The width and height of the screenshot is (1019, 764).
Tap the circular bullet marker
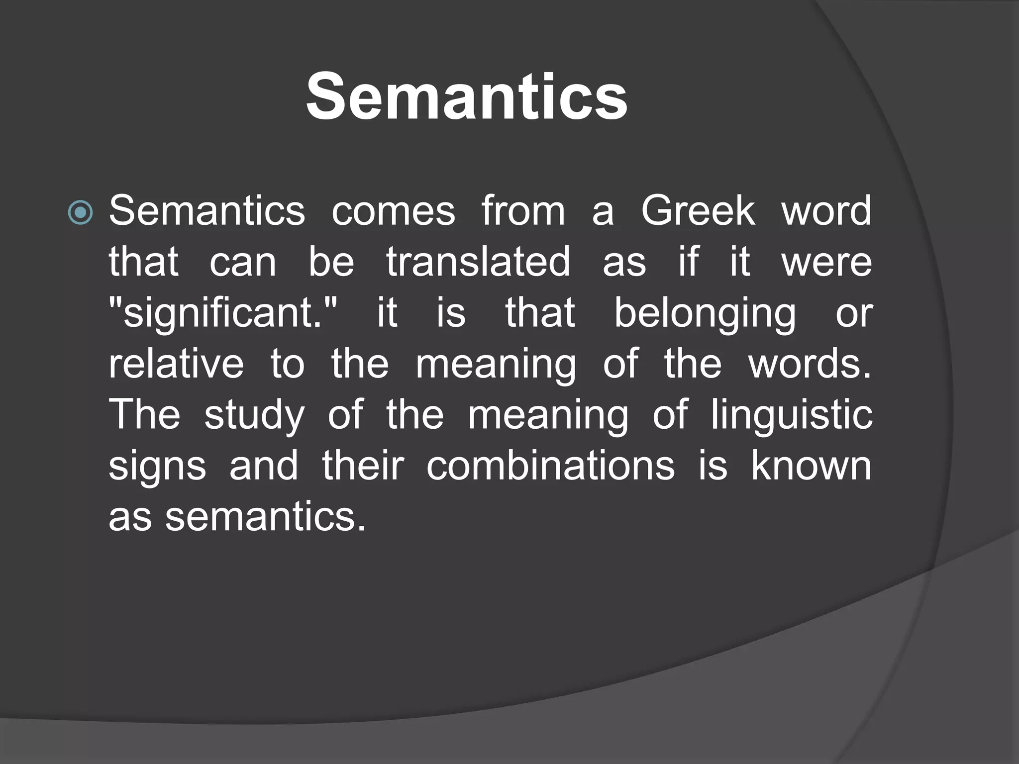pos(81,212)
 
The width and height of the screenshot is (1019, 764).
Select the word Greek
pos(698,211)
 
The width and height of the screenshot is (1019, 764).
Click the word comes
pos(393,211)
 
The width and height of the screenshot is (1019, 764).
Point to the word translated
pos(478,262)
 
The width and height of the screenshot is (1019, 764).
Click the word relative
pos(176,364)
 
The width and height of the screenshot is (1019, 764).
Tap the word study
pos(254,416)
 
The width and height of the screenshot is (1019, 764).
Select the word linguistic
pos(791,416)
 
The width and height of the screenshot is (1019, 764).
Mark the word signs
pos(157,467)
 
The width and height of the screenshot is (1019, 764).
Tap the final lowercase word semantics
pos(265,517)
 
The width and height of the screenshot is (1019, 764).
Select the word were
pos(826,262)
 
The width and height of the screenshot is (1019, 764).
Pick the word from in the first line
pos(523,211)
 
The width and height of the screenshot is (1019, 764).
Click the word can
pos(242,263)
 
